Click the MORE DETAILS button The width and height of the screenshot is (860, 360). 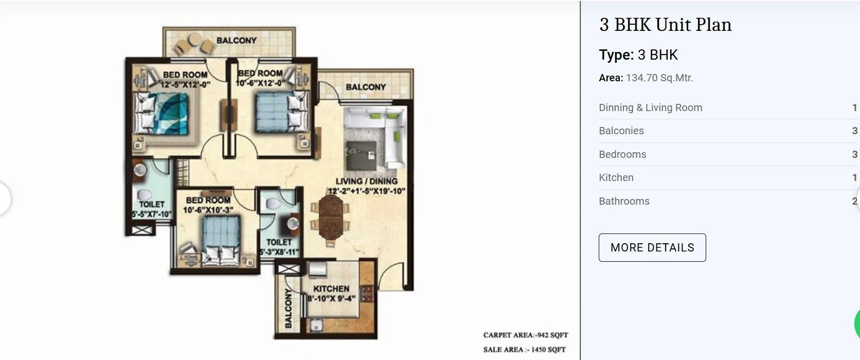[652, 247]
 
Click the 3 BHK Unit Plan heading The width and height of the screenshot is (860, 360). [665, 25]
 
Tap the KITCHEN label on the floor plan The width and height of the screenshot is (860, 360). [331, 289]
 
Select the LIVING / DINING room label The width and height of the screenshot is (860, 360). [366, 181]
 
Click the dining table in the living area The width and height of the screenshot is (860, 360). [330, 216]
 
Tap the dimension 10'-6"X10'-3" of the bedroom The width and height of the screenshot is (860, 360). [208, 210]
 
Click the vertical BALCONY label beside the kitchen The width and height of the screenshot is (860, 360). [288, 308]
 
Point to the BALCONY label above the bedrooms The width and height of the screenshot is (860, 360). [236, 40]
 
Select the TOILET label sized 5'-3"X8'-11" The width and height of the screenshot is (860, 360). [279, 242]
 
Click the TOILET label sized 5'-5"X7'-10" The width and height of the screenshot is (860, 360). [151, 204]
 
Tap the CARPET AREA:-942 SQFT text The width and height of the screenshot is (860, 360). [525, 335]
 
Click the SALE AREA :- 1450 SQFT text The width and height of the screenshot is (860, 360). [524, 350]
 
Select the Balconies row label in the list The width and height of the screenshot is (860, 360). [621, 131]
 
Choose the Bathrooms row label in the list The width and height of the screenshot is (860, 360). [623, 201]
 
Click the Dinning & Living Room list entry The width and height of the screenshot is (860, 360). [650, 107]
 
